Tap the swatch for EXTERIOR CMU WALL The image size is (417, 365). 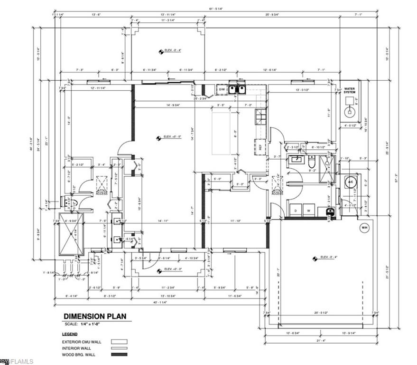point(117,341)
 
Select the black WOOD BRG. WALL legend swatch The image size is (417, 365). point(117,354)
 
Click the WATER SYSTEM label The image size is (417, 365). point(350,90)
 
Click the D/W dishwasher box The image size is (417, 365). point(222,89)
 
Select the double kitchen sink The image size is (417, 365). point(237,89)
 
